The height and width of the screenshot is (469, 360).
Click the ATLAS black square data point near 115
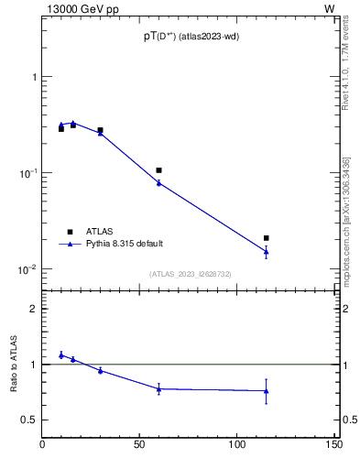point(267,238)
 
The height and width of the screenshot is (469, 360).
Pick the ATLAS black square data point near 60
point(158,170)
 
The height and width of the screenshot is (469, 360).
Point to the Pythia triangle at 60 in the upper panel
point(158,182)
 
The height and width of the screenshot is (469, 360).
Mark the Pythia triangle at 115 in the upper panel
point(267,250)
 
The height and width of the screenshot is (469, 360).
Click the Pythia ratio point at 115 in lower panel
point(267,391)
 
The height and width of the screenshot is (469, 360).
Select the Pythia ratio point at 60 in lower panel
point(158,388)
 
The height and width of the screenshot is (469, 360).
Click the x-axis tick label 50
point(140,445)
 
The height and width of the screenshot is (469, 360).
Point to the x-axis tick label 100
point(237,445)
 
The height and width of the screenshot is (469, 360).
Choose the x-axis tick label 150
point(335,445)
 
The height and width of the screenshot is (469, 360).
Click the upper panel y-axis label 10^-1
point(27,172)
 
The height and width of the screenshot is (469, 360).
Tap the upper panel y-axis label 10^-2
point(27,269)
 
